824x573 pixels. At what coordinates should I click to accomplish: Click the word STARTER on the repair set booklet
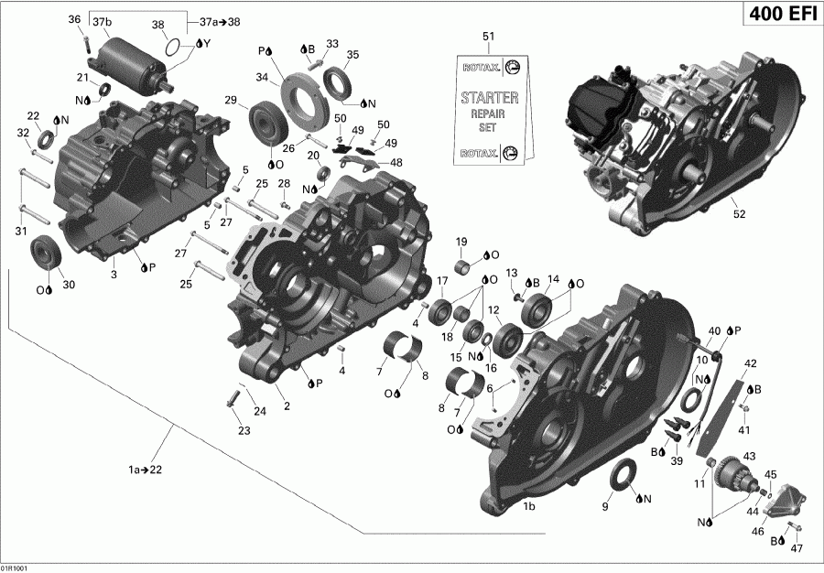click(x=489, y=97)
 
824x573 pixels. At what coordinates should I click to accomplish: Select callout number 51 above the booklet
click(x=488, y=36)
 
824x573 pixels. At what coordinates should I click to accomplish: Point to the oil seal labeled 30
click(x=45, y=253)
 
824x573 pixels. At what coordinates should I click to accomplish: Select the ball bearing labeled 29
click(x=266, y=120)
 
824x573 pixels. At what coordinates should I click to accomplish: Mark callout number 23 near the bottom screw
click(x=244, y=430)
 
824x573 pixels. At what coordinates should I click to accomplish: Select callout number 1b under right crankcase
click(x=528, y=506)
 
